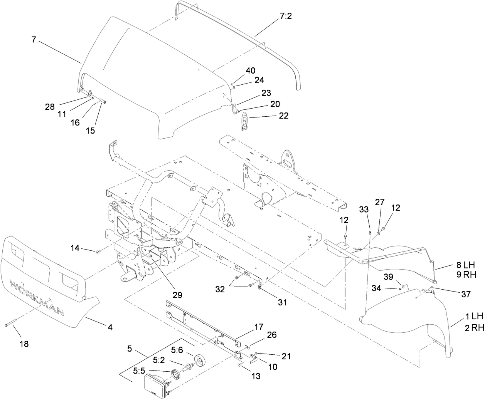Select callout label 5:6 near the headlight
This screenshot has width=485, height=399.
click(177, 350)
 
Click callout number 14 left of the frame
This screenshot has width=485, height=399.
click(75, 248)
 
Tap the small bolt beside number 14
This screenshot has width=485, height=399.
click(98, 252)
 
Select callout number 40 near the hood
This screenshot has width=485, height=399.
click(250, 70)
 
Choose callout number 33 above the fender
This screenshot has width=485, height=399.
click(364, 210)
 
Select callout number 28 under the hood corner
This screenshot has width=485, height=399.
click(50, 107)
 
